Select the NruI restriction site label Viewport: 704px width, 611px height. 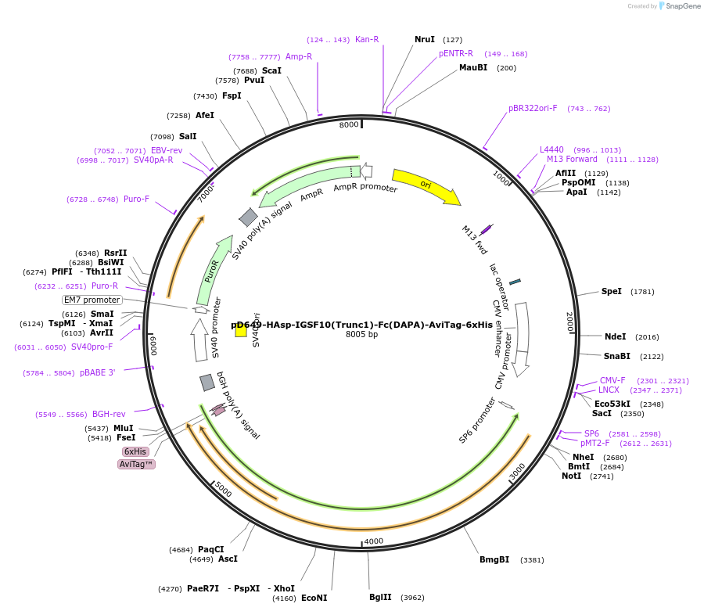click(x=425, y=39)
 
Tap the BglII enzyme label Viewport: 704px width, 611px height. click(x=380, y=597)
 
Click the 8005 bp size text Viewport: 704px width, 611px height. click(x=361, y=335)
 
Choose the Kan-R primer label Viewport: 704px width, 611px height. click(x=367, y=39)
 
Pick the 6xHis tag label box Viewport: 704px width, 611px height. click(x=135, y=451)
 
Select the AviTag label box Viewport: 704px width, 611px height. click(x=136, y=464)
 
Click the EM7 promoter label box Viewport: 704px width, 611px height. click(x=92, y=300)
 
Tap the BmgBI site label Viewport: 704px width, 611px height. click(x=494, y=559)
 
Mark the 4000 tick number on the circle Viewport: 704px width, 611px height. click(x=374, y=541)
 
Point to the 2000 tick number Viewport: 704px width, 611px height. click(x=569, y=322)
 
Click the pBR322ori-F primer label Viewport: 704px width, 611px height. click(x=533, y=109)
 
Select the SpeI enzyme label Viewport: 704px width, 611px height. click(x=612, y=291)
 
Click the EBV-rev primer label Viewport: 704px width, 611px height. click(x=167, y=150)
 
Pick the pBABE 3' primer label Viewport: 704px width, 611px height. click(x=97, y=372)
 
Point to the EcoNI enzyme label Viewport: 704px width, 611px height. click(x=314, y=598)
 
